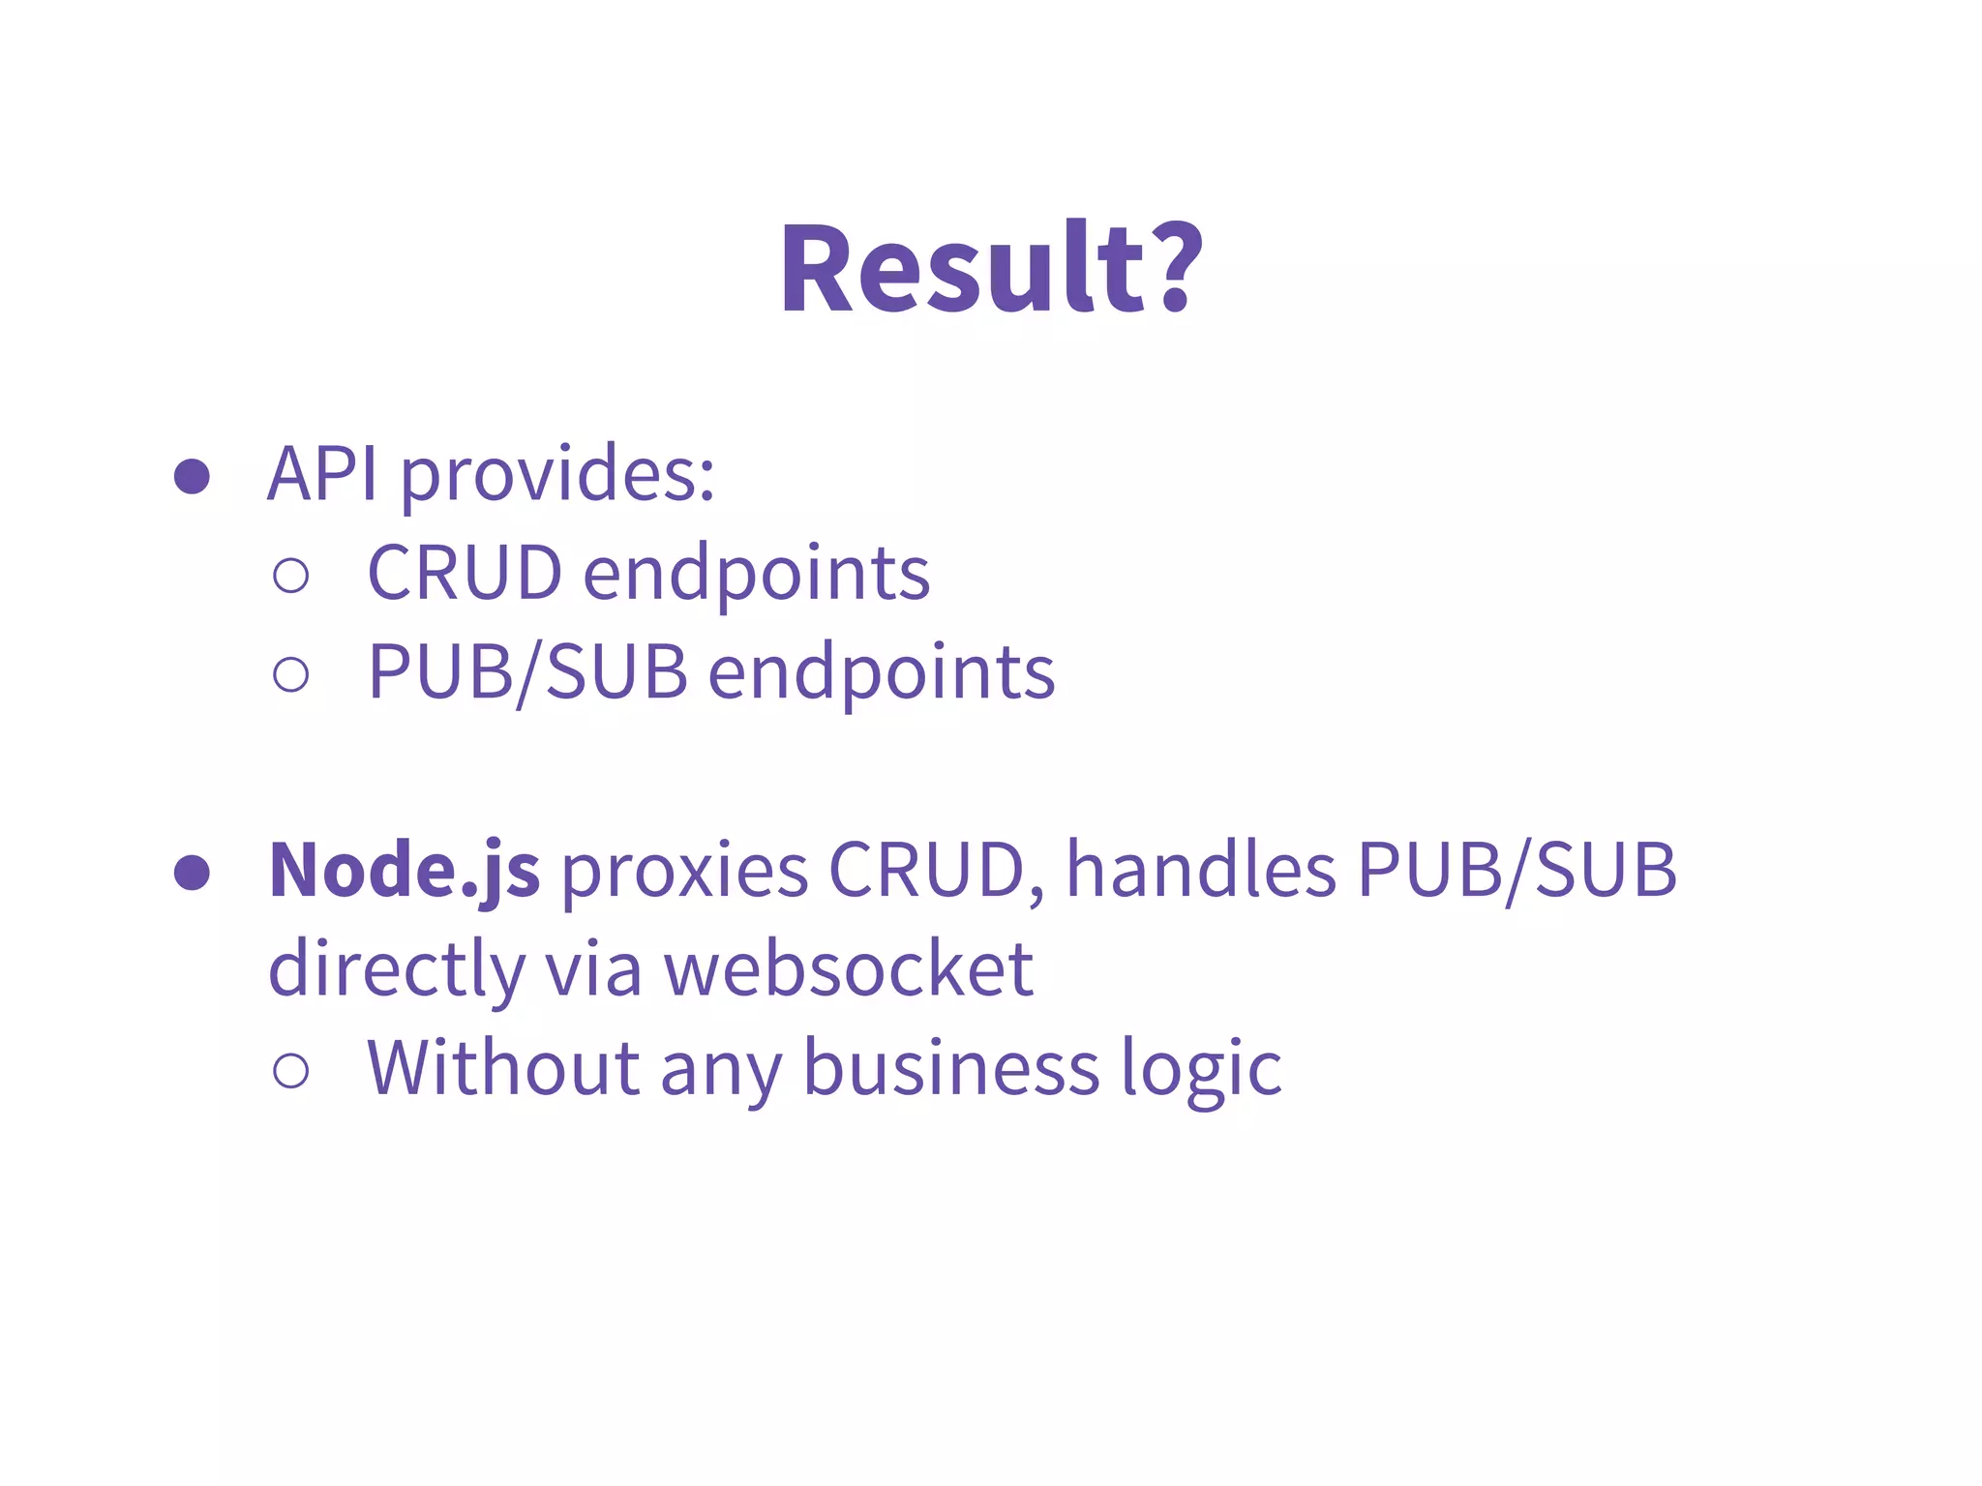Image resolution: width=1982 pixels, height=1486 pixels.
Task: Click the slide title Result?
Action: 991,268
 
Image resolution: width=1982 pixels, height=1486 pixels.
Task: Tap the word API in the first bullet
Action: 322,474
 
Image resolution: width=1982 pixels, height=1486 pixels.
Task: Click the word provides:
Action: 557,474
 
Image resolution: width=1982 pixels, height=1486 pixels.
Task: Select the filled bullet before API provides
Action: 192,476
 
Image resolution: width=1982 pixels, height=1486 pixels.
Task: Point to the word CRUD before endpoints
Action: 465,573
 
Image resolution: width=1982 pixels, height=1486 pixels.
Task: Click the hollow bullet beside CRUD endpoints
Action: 290,576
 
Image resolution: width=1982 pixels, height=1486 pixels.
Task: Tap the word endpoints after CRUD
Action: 756,575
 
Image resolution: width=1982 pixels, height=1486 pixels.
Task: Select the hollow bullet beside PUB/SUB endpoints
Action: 290,674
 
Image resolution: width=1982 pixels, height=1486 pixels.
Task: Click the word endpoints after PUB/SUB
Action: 881,673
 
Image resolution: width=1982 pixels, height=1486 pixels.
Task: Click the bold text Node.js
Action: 405,870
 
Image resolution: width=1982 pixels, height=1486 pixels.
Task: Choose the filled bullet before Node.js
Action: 192,872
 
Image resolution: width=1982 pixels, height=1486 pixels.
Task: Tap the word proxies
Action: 684,870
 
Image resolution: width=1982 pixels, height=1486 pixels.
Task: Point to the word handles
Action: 1201,870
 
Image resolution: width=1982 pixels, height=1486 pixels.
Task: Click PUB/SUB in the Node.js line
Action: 1517,870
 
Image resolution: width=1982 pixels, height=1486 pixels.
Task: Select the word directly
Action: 396,969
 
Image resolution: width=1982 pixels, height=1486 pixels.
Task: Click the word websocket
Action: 849,969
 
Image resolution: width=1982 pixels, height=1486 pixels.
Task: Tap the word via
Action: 593,969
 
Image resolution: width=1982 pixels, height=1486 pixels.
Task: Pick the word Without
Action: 503,1068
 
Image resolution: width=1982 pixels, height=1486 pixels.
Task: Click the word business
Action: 951,1068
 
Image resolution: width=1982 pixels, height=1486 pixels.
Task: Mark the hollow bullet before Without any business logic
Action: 290,1071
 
